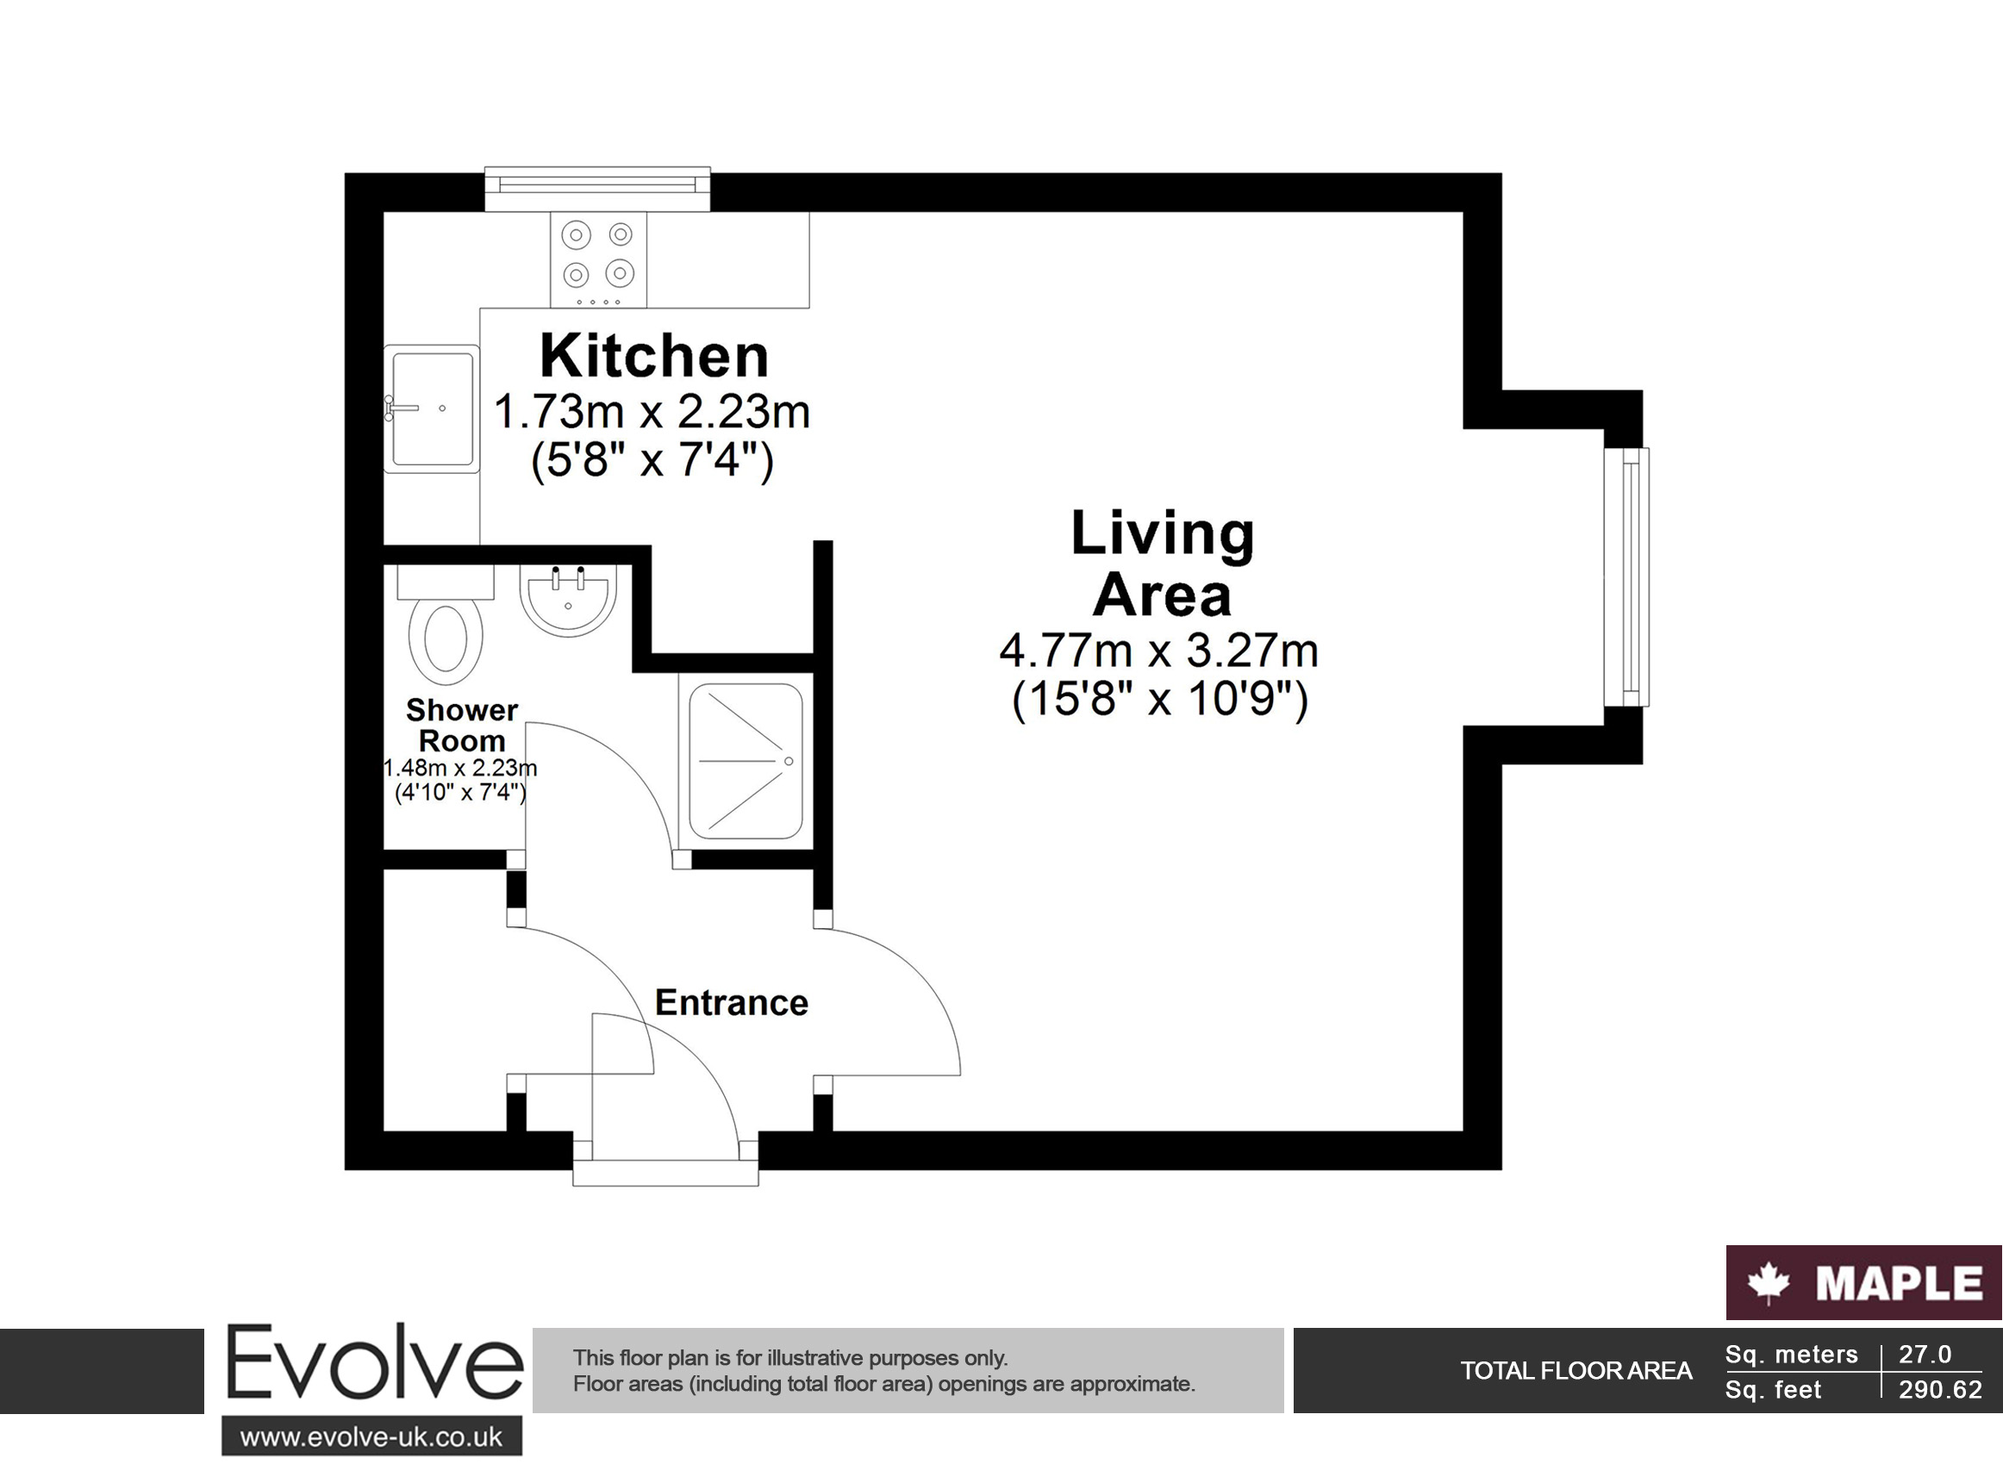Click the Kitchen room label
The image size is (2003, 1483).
click(653, 357)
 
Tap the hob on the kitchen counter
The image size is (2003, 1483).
click(598, 259)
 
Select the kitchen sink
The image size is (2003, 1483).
click(432, 408)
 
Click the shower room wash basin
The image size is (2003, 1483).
click(567, 600)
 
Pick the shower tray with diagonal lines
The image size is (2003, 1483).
click(746, 761)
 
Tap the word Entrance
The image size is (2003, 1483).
click(731, 1003)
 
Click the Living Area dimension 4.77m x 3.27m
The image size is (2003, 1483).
click(1159, 651)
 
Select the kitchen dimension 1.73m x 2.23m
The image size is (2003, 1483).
click(652, 412)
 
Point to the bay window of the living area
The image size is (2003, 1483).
click(1625, 577)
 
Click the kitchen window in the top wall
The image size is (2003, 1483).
click(597, 189)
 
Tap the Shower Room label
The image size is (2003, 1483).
click(461, 726)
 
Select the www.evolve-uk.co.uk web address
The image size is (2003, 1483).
click(371, 1437)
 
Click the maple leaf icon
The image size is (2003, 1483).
click(1768, 1283)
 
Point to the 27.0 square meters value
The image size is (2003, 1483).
click(1925, 1354)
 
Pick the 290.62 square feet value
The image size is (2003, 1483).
click(1940, 1390)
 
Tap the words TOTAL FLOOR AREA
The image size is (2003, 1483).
click(1576, 1371)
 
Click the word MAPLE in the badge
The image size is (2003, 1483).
click(1899, 1284)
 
